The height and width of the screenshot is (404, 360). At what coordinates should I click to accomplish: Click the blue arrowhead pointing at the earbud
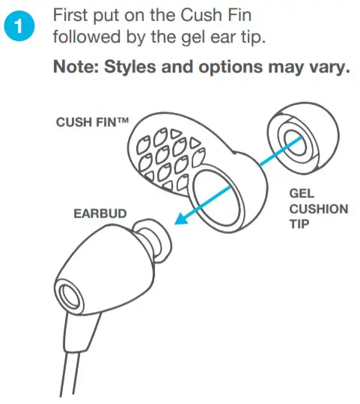180,218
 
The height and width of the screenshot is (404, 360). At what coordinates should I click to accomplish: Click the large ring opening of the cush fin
218,198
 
